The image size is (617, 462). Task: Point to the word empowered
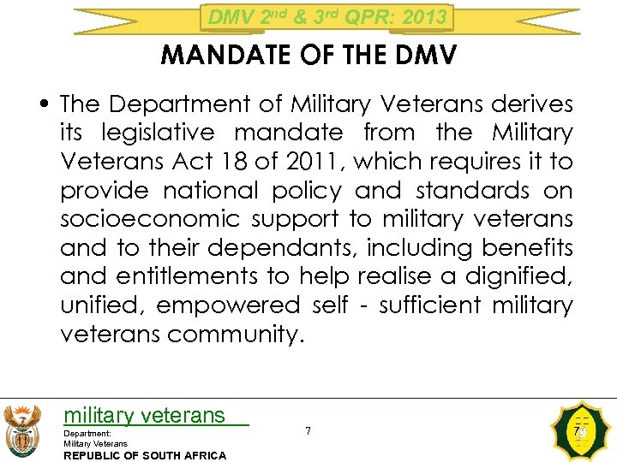228,305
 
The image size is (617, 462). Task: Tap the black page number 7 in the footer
308,430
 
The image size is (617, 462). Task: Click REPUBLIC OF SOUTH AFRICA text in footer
145,455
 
